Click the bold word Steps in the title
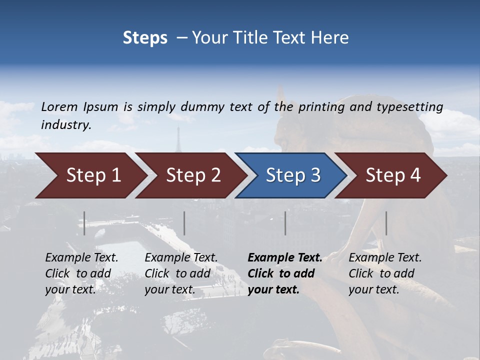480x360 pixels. tap(145, 38)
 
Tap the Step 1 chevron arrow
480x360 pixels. tap(90, 175)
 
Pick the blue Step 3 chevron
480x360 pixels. tap(292, 175)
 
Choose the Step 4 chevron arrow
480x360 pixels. tap(392, 175)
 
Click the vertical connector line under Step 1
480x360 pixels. tap(84, 223)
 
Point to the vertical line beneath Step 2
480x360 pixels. tap(184, 223)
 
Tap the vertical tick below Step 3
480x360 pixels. tap(285, 223)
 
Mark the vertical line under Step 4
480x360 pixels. tap(386, 223)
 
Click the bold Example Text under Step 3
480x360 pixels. tap(285, 258)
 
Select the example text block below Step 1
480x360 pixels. tap(81, 273)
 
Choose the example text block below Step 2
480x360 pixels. tap(181, 273)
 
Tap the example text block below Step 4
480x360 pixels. tap(385, 273)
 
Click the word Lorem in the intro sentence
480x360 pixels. tap(59, 106)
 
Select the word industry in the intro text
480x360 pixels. tap(65, 125)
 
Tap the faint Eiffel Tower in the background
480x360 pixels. tap(177, 140)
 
